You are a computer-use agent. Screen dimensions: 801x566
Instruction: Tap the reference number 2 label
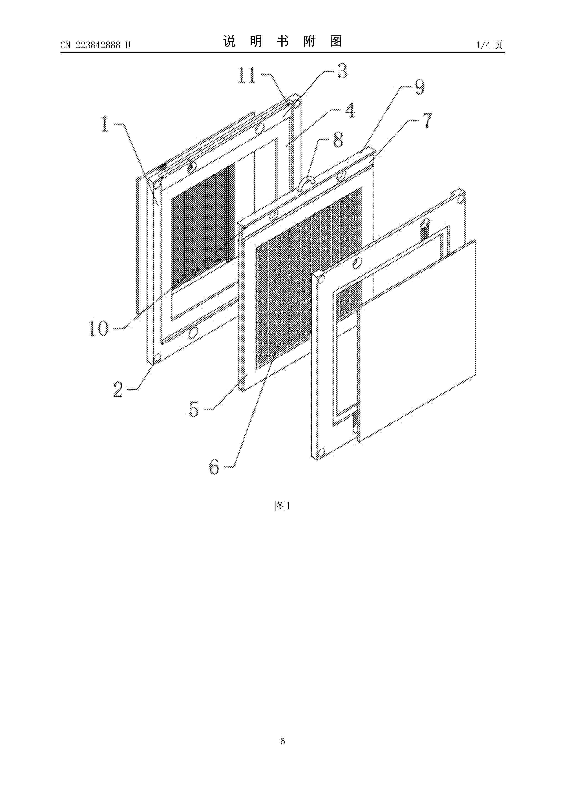point(118,389)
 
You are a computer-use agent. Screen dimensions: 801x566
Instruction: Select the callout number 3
point(342,71)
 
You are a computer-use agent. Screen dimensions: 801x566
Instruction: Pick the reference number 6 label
point(214,466)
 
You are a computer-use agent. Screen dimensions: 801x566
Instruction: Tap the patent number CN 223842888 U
point(95,45)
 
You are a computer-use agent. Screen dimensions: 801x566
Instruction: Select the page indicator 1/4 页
point(489,45)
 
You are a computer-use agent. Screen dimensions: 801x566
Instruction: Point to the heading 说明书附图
point(283,42)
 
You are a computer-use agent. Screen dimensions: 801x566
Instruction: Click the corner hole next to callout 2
point(157,357)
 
